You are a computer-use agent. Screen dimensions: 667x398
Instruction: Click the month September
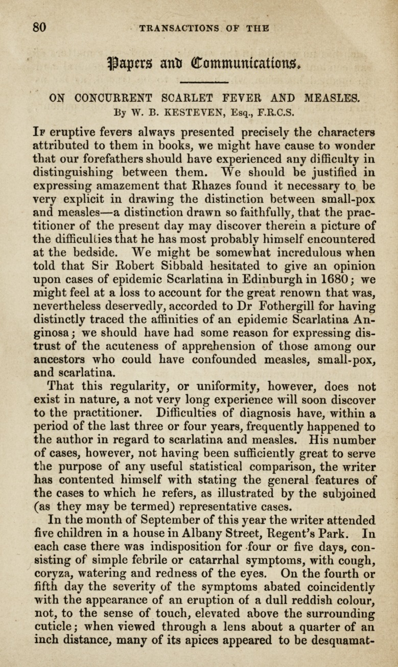pyautogui.click(x=155, y=520)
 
